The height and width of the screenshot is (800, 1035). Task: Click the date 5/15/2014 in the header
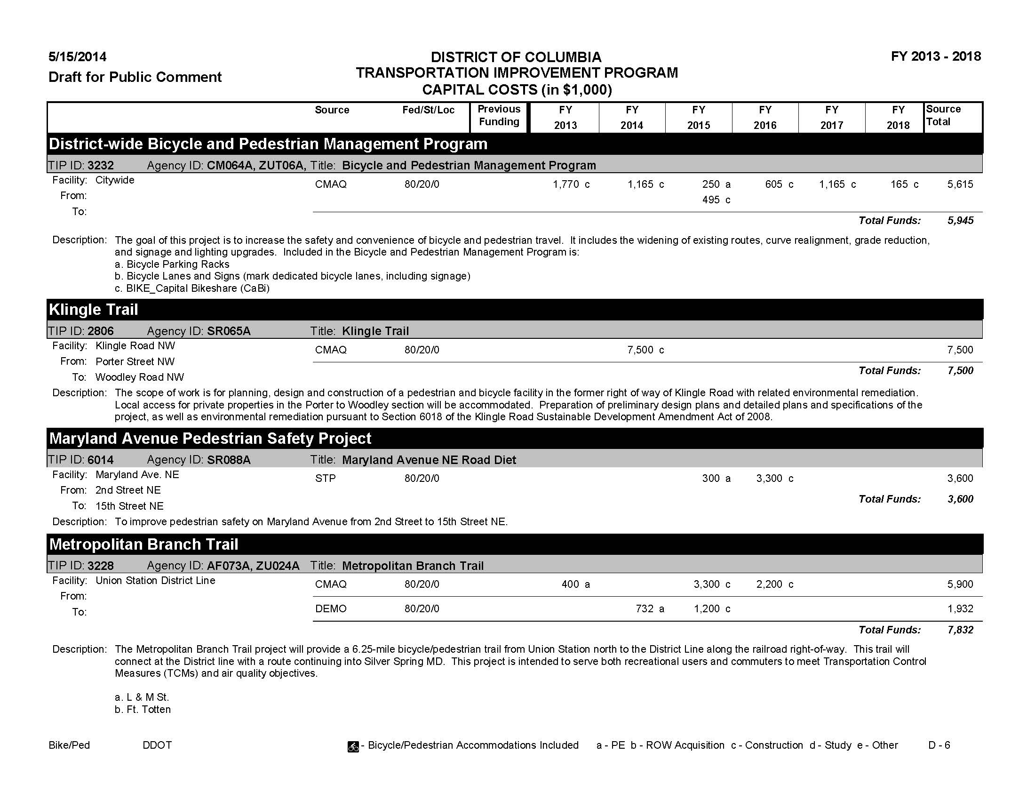77,57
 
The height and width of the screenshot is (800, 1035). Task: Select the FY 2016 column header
765,117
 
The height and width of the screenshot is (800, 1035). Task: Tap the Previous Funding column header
499,115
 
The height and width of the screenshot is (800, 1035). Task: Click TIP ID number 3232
101,165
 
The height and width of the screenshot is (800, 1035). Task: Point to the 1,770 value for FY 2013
565,184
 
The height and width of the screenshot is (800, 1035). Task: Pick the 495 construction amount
711,200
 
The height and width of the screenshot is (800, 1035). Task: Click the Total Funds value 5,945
960,220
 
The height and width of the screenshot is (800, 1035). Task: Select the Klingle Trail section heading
93,310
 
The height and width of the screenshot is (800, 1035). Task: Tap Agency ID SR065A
229,331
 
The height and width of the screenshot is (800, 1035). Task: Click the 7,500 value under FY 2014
640,350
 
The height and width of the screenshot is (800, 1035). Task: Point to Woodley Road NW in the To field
139,377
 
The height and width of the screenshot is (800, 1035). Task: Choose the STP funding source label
325,479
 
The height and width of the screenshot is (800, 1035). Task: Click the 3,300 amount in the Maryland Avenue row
769,479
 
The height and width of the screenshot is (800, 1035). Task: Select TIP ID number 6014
101,460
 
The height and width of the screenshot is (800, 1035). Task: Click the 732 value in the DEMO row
645,608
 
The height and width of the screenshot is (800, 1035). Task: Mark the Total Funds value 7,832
960,630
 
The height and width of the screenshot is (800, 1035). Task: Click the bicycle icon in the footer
353,746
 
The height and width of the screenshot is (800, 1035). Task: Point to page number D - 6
939,745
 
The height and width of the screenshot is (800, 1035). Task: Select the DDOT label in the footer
157,745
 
